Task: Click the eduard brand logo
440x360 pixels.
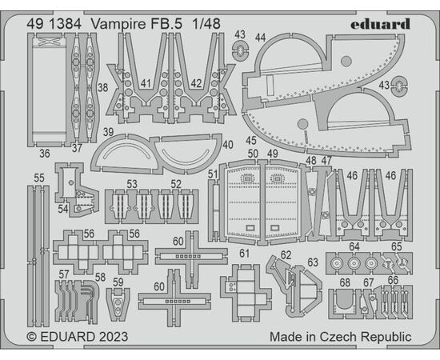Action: [380, 24]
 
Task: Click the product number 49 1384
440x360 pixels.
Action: [54, 24]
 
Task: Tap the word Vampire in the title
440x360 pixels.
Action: [118, 25]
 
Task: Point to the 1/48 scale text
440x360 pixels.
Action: [206, 24]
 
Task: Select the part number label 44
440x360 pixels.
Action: [261, 38]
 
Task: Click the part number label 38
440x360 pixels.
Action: [102, 87]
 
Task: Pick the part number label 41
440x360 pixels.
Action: [146, 84]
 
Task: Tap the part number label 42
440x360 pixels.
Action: [196, 84]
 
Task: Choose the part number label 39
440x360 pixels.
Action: [108, 131]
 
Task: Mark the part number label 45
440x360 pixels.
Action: [251, 140]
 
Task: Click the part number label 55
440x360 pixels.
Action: [39, 178]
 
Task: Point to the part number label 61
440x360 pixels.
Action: [244, 254]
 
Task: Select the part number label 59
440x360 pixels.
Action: [118, 282]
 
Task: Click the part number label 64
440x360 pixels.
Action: [354, 246]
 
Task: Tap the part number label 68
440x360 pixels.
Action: [345, 282]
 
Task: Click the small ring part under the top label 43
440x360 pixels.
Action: [241, 50]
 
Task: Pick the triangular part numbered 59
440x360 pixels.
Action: [118, 305]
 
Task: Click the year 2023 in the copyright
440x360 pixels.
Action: [113, 337]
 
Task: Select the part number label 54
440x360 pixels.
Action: [63, 209]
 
